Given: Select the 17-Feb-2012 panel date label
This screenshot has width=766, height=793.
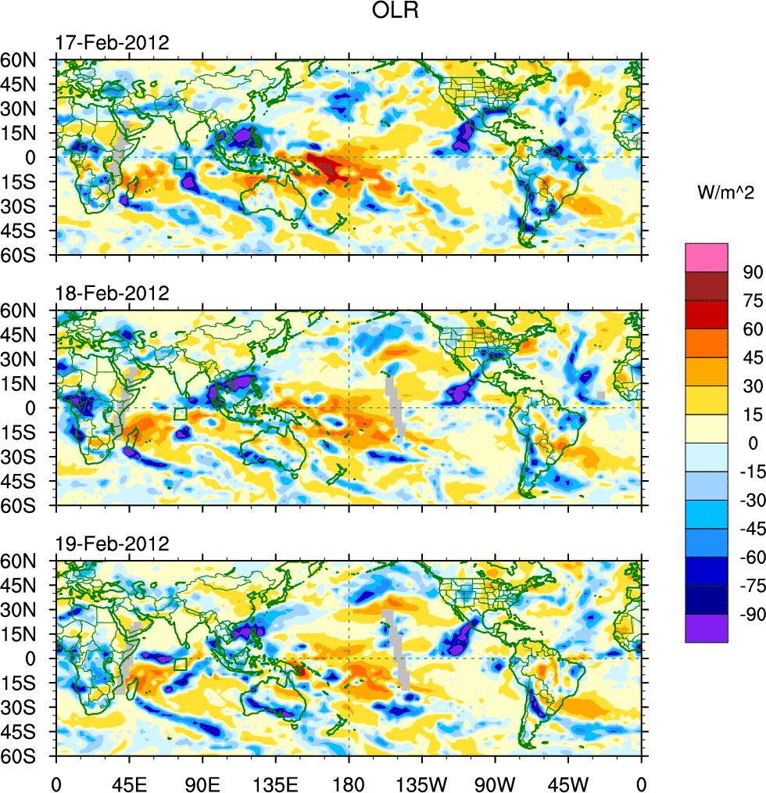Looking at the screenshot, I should [x=112, y=43].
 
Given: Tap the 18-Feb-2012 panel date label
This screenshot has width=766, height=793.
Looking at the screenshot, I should [x=112, y=294].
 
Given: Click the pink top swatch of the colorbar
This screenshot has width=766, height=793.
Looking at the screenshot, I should [x=707, y=257].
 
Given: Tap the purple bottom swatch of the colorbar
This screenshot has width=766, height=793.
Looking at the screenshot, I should [x=707, y=628].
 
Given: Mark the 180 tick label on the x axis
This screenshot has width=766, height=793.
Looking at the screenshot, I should [x=349, y=782].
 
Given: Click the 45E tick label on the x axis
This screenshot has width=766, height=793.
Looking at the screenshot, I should [x=129, y=782].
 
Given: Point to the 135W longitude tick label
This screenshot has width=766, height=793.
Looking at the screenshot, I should [x=421, y=782].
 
